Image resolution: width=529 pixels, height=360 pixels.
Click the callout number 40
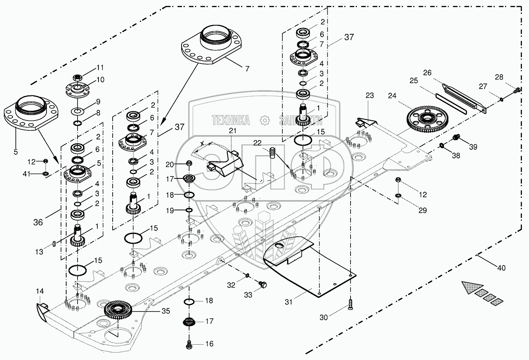coord(501,268)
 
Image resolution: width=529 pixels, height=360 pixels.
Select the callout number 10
coord(100,80)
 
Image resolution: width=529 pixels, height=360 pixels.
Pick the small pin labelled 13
coord(54,245)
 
